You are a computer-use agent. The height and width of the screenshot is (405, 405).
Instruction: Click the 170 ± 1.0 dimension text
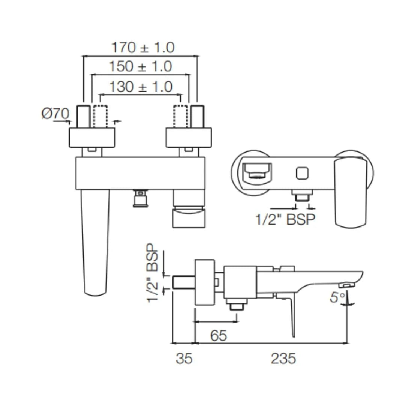[x=143, y=48]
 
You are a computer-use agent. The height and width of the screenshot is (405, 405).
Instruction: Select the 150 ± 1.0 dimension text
[x=141, y=66]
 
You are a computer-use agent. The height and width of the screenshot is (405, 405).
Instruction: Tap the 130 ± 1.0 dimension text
[x=141, y=87]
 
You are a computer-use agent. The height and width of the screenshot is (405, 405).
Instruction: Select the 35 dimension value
[x=184, y=358]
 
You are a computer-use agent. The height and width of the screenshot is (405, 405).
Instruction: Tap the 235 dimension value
[x=283, y=358]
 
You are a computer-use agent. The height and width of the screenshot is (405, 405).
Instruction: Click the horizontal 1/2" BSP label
[x=285, y=219]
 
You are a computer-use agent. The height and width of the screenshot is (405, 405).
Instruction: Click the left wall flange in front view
[x=92, y=138]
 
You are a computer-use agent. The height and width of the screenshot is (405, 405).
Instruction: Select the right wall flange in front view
[x=189, y=138]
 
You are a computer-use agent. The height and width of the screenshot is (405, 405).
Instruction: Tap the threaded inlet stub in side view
[x=183, y=282]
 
